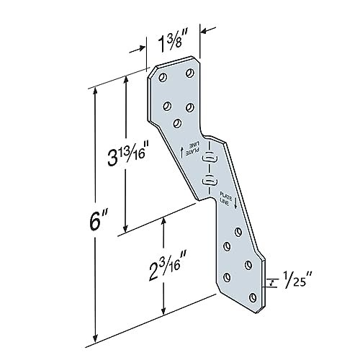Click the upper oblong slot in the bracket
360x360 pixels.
point(208,157)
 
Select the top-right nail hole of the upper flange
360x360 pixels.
point(191,72)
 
